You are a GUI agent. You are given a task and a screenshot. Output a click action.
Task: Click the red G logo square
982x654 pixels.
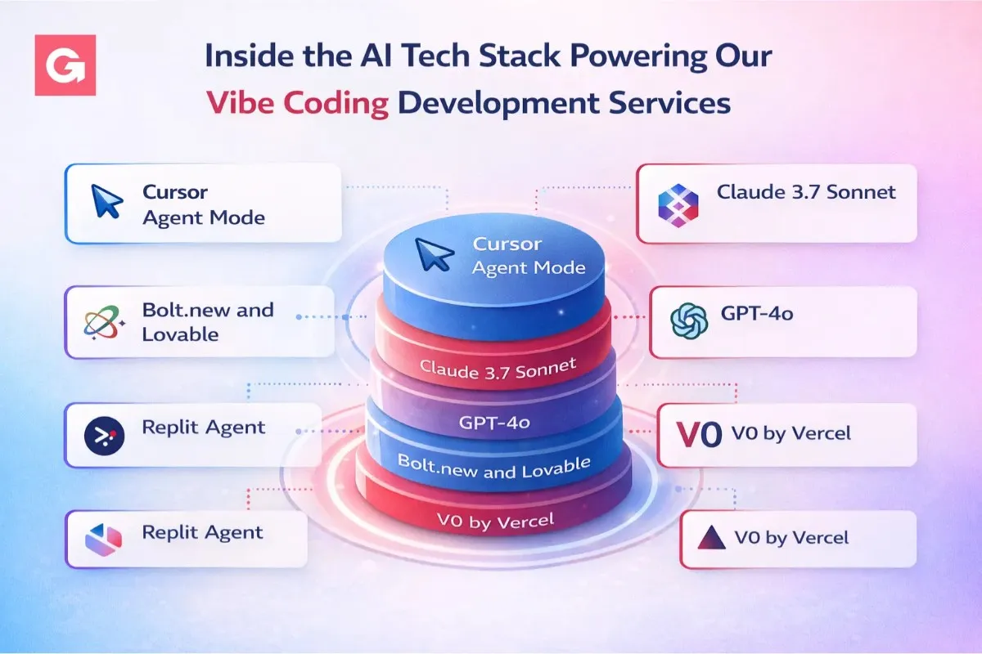click(65, 65)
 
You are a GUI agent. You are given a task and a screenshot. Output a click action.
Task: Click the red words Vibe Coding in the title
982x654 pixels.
click(297, 103)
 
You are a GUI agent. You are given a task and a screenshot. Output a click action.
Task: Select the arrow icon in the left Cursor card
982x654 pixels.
click(106, 201)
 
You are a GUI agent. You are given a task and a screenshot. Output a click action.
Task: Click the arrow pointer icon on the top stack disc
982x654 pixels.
click(434, 254)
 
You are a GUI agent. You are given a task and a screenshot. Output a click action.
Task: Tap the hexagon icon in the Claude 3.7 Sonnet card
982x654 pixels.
click(678, 205)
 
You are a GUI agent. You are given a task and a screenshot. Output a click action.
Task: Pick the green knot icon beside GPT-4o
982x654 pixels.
click(689, 321)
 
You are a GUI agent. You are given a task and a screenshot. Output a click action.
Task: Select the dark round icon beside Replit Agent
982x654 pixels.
click(104, 436)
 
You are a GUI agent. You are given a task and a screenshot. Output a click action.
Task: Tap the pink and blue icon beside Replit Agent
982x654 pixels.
click(103, 540)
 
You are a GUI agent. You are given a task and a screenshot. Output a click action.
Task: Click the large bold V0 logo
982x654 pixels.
click(699, 435)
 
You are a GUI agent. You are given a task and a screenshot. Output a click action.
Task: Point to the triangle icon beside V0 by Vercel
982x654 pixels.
click(711, 537)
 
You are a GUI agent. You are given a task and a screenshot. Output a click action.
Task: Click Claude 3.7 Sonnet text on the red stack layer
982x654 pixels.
click(498, 369)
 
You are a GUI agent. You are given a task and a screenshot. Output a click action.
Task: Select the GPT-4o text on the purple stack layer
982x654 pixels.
click(494, 423)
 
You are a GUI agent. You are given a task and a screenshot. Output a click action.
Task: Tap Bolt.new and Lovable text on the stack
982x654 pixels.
click(494, 467)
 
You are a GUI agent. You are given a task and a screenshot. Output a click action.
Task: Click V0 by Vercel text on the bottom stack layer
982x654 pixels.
click(495, 521)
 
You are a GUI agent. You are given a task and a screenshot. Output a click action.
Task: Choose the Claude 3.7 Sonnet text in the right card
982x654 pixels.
click(806, 192)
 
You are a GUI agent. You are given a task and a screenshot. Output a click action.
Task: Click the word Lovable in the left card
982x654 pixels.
click(180, 335)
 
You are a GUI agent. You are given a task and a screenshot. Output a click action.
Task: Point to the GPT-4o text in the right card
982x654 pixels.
click(757, 314)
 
